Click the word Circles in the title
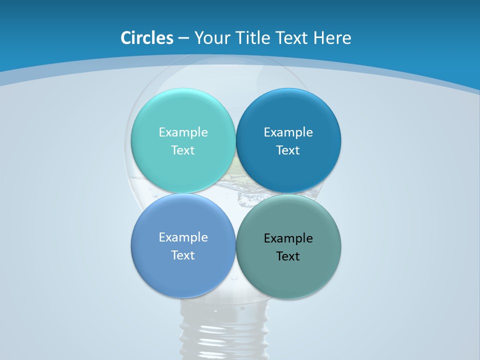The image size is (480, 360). point(147,38)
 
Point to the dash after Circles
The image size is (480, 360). point(183,38)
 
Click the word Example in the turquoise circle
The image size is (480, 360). point(183,132)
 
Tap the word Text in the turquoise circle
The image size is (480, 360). point(183,150)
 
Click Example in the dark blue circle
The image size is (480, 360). point(288,132)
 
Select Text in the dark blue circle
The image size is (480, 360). point(288,150)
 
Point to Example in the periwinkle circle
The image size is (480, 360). point(183,237)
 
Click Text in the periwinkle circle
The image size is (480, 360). point(183,255)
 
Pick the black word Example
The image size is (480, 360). point(288,238)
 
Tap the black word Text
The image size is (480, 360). point(288,256)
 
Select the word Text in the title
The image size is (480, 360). point(294,38)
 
